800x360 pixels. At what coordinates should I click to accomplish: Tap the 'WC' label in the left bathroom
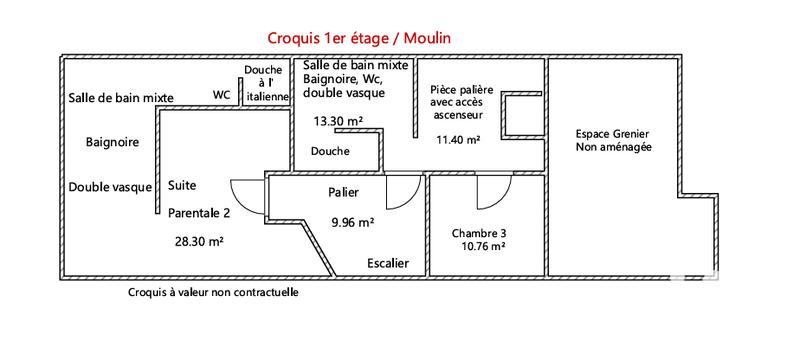pos(221,96)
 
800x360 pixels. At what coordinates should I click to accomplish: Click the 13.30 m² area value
pos(337,121)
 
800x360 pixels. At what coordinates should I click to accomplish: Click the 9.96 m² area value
pos(352,222)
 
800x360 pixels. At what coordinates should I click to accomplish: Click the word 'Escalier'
pos(387,263)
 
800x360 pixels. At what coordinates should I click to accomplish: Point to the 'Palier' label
pos(343,192)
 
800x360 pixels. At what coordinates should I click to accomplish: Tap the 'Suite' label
pos(182,186)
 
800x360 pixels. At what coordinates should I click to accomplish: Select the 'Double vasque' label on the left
pos(110,187)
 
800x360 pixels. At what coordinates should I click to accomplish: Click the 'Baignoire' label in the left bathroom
pos(111,142)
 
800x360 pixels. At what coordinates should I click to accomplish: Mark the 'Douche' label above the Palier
pos(330,152)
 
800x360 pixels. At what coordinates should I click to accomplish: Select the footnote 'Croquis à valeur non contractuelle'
pos(213,293)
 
